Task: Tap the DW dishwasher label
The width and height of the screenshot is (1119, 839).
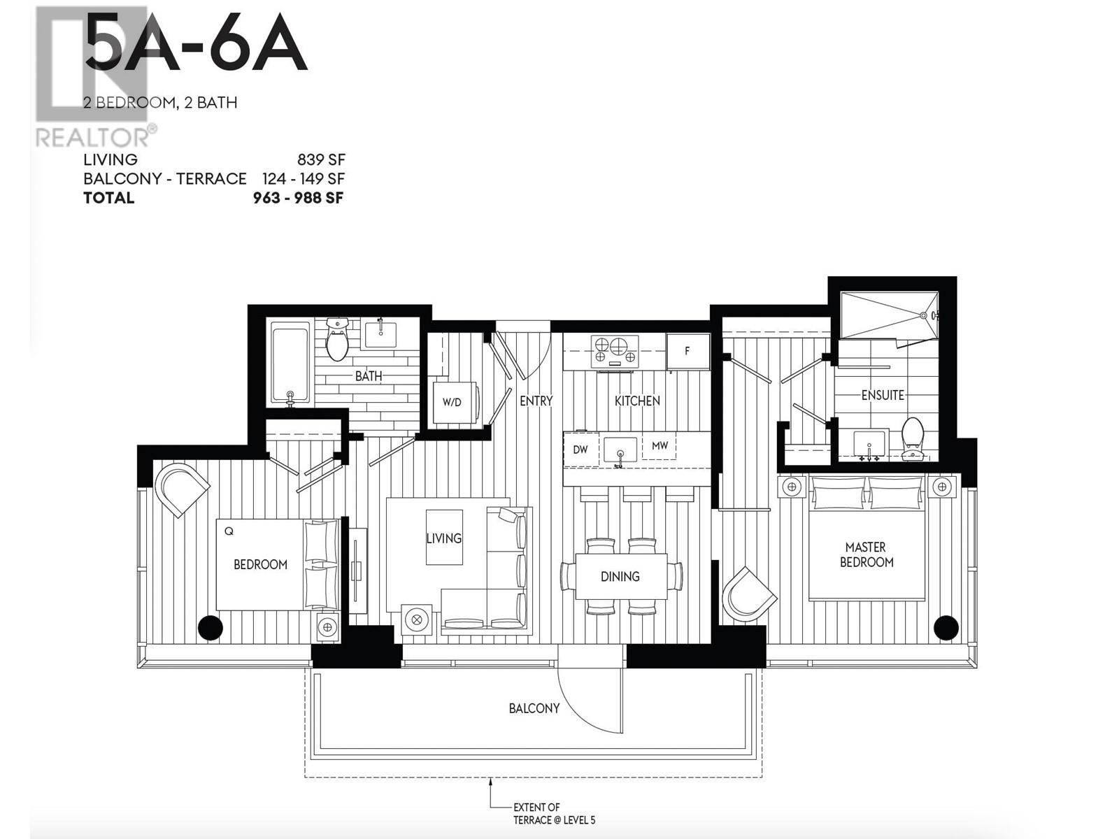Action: pyautogui.click(x=580, y=450)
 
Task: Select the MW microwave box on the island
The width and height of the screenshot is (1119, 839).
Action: pyautogui.click(x=660, y=446)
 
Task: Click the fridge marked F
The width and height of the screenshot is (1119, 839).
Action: pyautogui.click(x=687, y=351)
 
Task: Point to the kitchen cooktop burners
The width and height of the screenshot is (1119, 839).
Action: pyautogui.click(x=615, y=351)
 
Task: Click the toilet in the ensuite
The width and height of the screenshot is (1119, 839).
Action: pyautogui.click(x=912, y=438)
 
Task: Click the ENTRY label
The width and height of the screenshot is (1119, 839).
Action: pyautogui.click(x=536, y=401)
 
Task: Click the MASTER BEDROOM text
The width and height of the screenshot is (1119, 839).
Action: pyautogui.click(x=866, y=554)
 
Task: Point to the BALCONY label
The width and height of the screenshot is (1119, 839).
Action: pyautogui.click(x=534, y=708)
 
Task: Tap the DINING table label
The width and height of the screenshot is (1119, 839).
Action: pyautogui.click(x=620, y=577)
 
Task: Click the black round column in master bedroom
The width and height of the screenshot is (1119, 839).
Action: pyautogui.click(x=946, y=627)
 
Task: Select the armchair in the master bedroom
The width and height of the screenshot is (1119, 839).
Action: pyautogui.click(x=748, y=594)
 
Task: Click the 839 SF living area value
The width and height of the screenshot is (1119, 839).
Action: pyautogui.click(x=321, y=159)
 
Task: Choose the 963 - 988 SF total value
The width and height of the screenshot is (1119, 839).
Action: pyautogui.click(x=298, y=198)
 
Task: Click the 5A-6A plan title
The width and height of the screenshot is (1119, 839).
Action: pyautogui.click(x=196, y=43)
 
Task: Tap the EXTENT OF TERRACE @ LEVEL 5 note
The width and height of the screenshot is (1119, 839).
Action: pyautogui.click(x=554, y=814)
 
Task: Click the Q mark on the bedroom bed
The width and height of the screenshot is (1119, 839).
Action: pyautogui.click(x=229, y=531)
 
